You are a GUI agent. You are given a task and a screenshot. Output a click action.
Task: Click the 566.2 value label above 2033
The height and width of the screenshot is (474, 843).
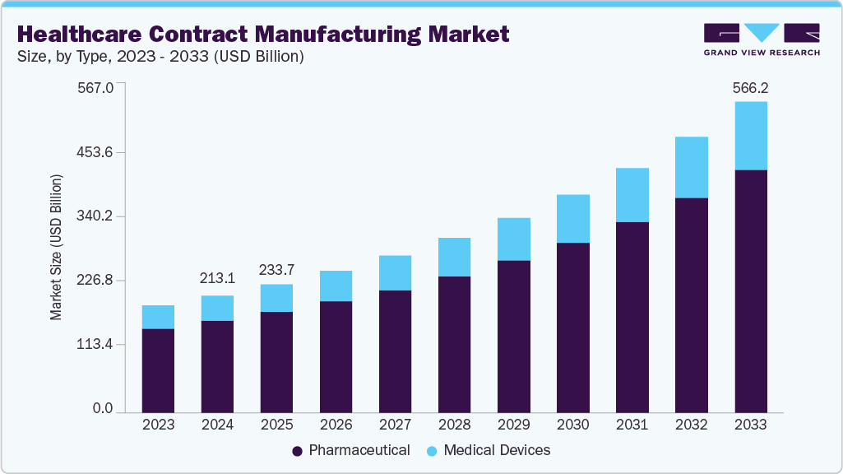click(750, 88)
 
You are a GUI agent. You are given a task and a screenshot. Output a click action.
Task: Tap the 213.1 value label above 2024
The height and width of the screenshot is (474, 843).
click(217, 278)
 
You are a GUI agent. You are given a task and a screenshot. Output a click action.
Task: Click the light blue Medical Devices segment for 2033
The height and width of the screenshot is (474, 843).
click(750, 136)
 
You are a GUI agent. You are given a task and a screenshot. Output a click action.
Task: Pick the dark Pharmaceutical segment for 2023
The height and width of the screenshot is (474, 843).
click(158, 370)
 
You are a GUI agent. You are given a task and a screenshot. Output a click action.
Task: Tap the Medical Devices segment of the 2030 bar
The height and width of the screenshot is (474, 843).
click(572, 219)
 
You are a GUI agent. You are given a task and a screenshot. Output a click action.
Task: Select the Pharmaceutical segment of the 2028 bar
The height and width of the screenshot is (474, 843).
click(454, 344)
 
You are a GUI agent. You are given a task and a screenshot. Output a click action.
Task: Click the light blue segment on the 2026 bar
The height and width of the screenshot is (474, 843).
click(336, 286)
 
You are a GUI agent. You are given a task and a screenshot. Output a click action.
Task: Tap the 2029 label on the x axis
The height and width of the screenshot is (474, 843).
click(513, 425)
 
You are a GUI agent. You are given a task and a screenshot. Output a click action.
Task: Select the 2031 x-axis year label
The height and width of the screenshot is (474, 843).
click(632, 425)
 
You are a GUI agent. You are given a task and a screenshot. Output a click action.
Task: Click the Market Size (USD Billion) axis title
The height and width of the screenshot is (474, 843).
click(56, 247)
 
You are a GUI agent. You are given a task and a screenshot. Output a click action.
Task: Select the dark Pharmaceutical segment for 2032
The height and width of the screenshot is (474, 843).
click(691, 304)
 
